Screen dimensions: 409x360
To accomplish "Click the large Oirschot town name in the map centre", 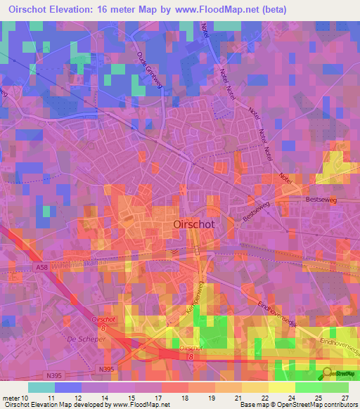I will [x=193, y=223].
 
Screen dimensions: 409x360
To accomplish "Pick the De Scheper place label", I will [x=80, y=338].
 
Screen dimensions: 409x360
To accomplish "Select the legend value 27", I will [x=345, y=397].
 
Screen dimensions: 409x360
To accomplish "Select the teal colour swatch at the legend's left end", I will [x=41, y=387].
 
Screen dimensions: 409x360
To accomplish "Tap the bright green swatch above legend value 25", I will [x=309, y=387].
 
